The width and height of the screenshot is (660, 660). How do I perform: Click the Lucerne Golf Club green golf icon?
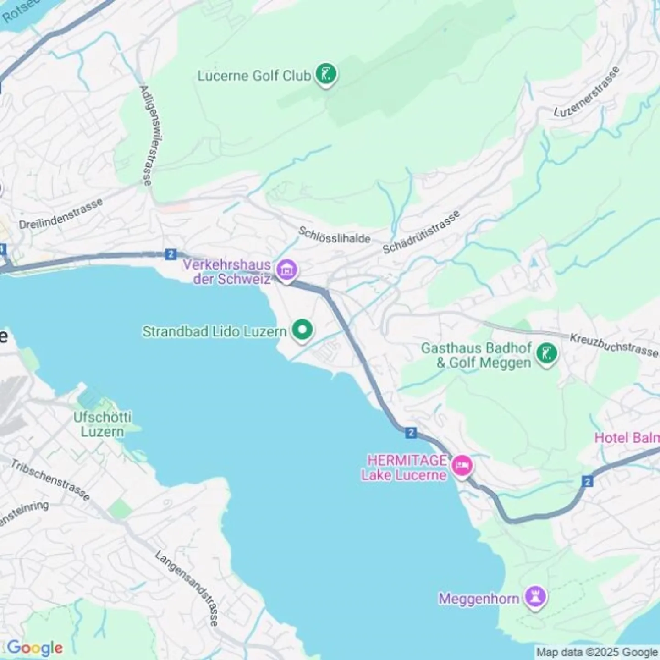click(326, 74)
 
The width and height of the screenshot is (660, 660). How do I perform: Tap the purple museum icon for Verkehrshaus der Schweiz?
click(287, 270)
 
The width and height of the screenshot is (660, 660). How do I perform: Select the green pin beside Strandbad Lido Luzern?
click(302, 330)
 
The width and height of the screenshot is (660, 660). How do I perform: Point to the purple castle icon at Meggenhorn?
click(535, 597)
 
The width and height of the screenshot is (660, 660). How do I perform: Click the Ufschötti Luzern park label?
click(102, 424)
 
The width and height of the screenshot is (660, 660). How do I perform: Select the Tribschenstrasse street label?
click(50, 479)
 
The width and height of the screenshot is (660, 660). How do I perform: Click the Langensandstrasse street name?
click(187, 588)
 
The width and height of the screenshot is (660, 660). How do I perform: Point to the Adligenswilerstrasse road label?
click(146, 135)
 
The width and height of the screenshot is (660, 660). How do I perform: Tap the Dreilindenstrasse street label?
click(60, 214)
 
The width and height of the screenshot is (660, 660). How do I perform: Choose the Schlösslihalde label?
click(334, 235)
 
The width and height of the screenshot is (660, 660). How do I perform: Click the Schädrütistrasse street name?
click(421, 233)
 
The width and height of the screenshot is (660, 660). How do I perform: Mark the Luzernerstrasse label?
click(587, 92)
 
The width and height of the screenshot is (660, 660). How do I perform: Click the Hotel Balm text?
click(627, 438)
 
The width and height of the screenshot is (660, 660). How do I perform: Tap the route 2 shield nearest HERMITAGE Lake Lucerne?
click(411, 433)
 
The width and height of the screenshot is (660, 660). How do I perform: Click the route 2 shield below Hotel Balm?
click(588, 481)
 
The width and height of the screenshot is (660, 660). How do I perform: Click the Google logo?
click(35, 648)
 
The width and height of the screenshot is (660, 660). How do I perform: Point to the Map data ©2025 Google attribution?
click(597, 652)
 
